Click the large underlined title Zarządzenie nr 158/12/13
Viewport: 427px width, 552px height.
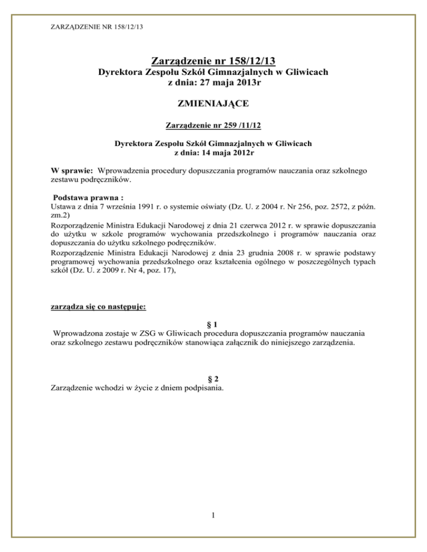point(214,60)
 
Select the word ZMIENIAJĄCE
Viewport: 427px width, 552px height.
point(214,104)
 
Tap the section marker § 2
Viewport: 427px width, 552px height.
point(213,380)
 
